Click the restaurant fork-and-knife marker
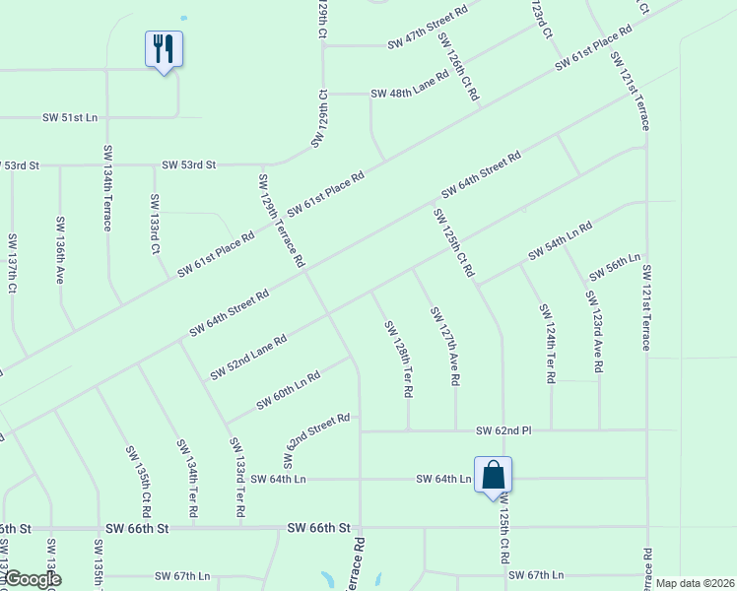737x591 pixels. [x=165, y=49]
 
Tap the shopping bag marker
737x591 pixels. [x=493, y=476]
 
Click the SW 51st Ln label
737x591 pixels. [x=70, y=117]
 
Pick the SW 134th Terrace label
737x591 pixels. [x=106, y=187]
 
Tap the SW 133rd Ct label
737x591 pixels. [x=155, y=224]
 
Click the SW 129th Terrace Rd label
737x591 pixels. [x=281, y=222]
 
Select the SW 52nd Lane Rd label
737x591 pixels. [x=248, y=358]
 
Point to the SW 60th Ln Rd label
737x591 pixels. [x=288, y=391]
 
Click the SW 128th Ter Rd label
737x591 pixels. [x=398, y=359]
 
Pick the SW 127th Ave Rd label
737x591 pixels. [x=445, y=345]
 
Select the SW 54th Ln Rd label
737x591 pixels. [x=560, y=241]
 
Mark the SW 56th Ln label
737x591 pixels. [x=615, y=266]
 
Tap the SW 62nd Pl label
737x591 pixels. [x=503, y=430]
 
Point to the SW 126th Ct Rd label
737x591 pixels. [x=459, y=67]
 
